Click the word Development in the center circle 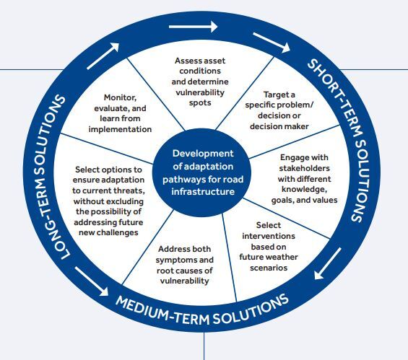[x=203, y=154]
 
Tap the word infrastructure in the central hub [x=203, y=192]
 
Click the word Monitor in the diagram [x=120, y=97]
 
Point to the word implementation [x=120, y=129]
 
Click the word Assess [x=186, y=61]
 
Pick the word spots [x=200, y=102]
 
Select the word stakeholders [x=305, y=168]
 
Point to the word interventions [x=269, y=236]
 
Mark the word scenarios [x=269, y=268]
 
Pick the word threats [x=131, y=190]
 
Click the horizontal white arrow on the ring [x=193, y=27]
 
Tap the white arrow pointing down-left [x=327, y=263]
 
